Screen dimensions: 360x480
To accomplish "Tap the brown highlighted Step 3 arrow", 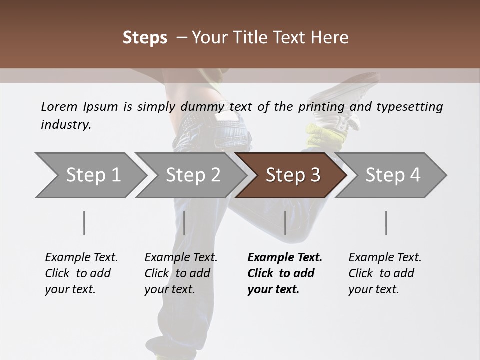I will (293, 175).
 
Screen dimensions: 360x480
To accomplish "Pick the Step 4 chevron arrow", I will (393, 175).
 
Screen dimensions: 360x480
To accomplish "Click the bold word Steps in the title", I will (145, 37).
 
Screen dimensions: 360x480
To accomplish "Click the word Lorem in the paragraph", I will (58, 106).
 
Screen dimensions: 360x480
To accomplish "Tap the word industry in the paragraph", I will (65, 124).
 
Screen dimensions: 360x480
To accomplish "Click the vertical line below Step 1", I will (84, 223).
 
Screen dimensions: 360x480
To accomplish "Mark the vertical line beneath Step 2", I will (184, 223).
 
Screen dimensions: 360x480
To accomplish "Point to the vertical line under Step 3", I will (285, 223).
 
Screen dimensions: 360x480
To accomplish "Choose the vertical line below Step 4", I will (386, 223).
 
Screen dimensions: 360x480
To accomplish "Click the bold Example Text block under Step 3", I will (285, 273).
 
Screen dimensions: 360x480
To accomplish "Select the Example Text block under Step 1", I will (81, 273).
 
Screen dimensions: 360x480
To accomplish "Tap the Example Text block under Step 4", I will (385, 273).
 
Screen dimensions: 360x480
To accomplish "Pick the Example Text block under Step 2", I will (181, 273).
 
